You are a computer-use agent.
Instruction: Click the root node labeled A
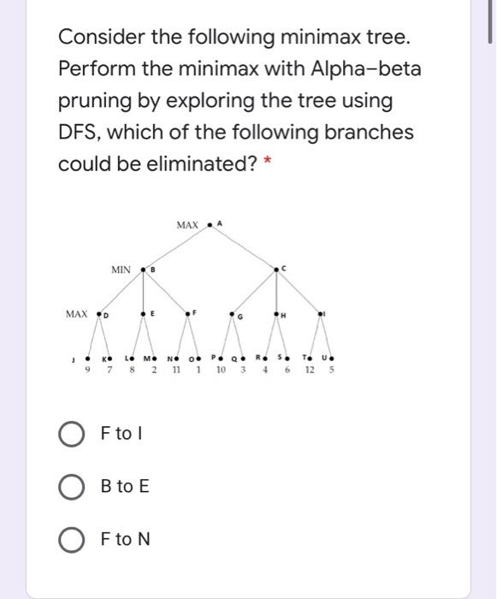[210, 225]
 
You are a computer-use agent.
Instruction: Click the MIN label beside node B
[121, 270]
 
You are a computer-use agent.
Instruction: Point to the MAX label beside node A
[187, 225]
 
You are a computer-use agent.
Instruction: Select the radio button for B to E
[72, 487]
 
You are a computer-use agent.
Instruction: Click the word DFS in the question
[84, 133]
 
